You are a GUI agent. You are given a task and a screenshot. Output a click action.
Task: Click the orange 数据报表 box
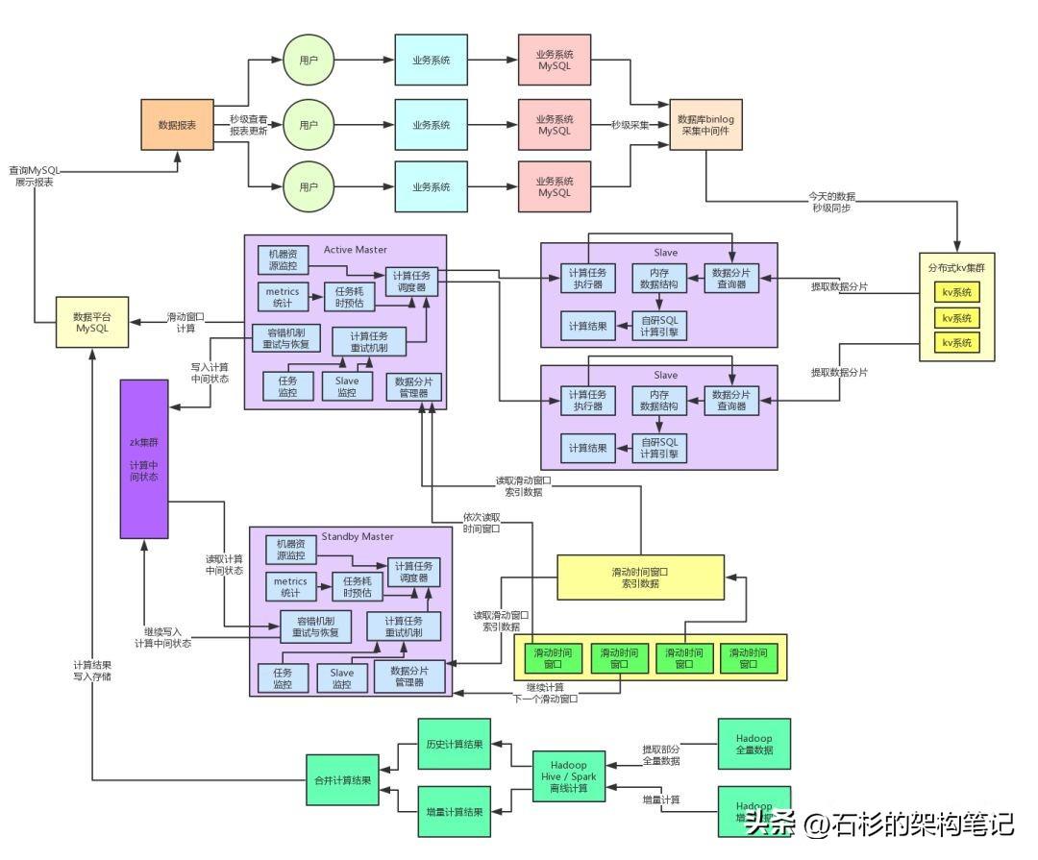178,125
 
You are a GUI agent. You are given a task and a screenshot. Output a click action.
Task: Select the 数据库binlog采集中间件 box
706,125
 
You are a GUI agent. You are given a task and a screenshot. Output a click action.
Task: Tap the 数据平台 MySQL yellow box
93,322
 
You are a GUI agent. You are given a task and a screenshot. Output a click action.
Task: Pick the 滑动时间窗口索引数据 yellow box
640,577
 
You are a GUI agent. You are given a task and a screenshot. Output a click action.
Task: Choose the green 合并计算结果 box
343,780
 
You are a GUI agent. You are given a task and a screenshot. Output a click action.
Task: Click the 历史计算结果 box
455,745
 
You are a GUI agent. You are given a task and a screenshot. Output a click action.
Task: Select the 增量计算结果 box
455,813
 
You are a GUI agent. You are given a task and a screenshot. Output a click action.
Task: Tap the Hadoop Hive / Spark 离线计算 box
570,776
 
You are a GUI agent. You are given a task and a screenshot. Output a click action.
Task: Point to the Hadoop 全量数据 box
754,744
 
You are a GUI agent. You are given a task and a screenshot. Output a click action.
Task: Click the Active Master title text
356,250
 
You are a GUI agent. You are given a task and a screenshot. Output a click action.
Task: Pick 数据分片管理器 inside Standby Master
411,677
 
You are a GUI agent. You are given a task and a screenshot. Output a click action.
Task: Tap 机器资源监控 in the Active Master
284,259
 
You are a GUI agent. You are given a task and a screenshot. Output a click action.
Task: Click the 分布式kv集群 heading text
956,267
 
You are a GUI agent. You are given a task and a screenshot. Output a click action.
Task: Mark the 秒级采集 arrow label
630,125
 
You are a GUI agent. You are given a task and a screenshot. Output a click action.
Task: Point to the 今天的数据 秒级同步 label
831,201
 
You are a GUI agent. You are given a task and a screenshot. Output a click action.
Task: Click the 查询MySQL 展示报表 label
34,175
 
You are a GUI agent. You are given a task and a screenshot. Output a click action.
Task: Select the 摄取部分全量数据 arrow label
661,754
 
